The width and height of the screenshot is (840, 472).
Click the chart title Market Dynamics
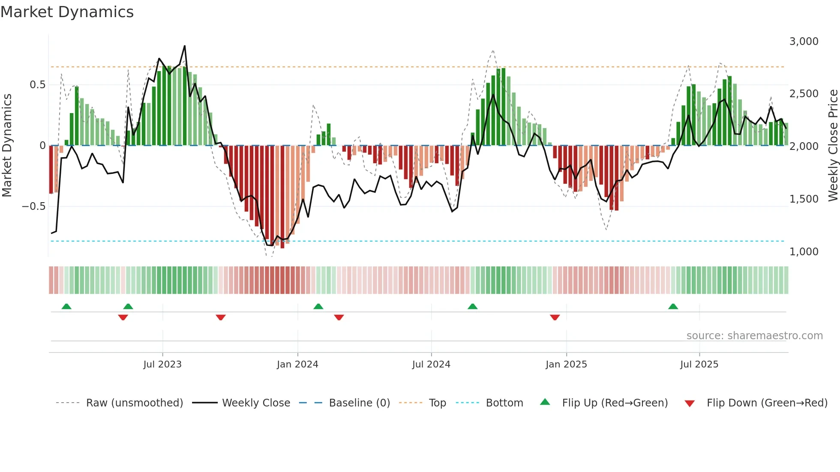click(x=67, y=12)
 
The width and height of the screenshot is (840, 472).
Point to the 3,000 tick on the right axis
click(x=804, y=42)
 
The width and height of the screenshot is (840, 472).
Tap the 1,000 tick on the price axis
click(x=804, y=252)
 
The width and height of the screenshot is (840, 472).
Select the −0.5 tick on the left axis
click(x=33, y=206)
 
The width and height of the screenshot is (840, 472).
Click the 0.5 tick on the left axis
click(x=37, y=85)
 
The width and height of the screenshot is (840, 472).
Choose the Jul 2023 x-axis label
click(x=162, y=364)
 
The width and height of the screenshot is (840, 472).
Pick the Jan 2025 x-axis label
click(x=566, y=364)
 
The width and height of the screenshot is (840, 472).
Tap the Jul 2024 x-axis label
click(x=431, y=364)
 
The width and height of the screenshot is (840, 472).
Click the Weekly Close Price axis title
click(x=833, y=146)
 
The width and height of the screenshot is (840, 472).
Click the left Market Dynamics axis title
click(x=7, y=146)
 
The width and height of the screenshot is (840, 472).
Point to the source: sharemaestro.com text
click(x=754, y=336)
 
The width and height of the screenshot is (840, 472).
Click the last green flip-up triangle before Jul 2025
click(x=673, y=307)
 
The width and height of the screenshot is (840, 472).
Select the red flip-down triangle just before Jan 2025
click(x=555, y=317)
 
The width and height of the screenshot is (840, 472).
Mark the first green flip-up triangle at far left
click(x=66, y=307)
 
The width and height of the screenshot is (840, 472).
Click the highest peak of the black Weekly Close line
click(x=185, y=46)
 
